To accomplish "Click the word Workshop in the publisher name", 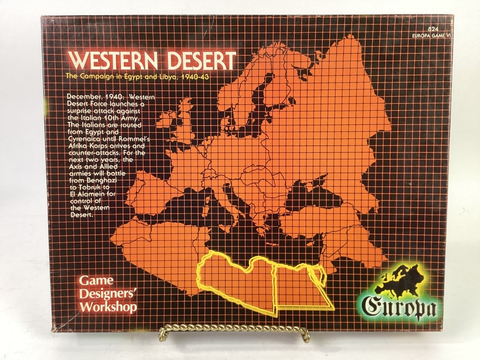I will pos(108,307).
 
